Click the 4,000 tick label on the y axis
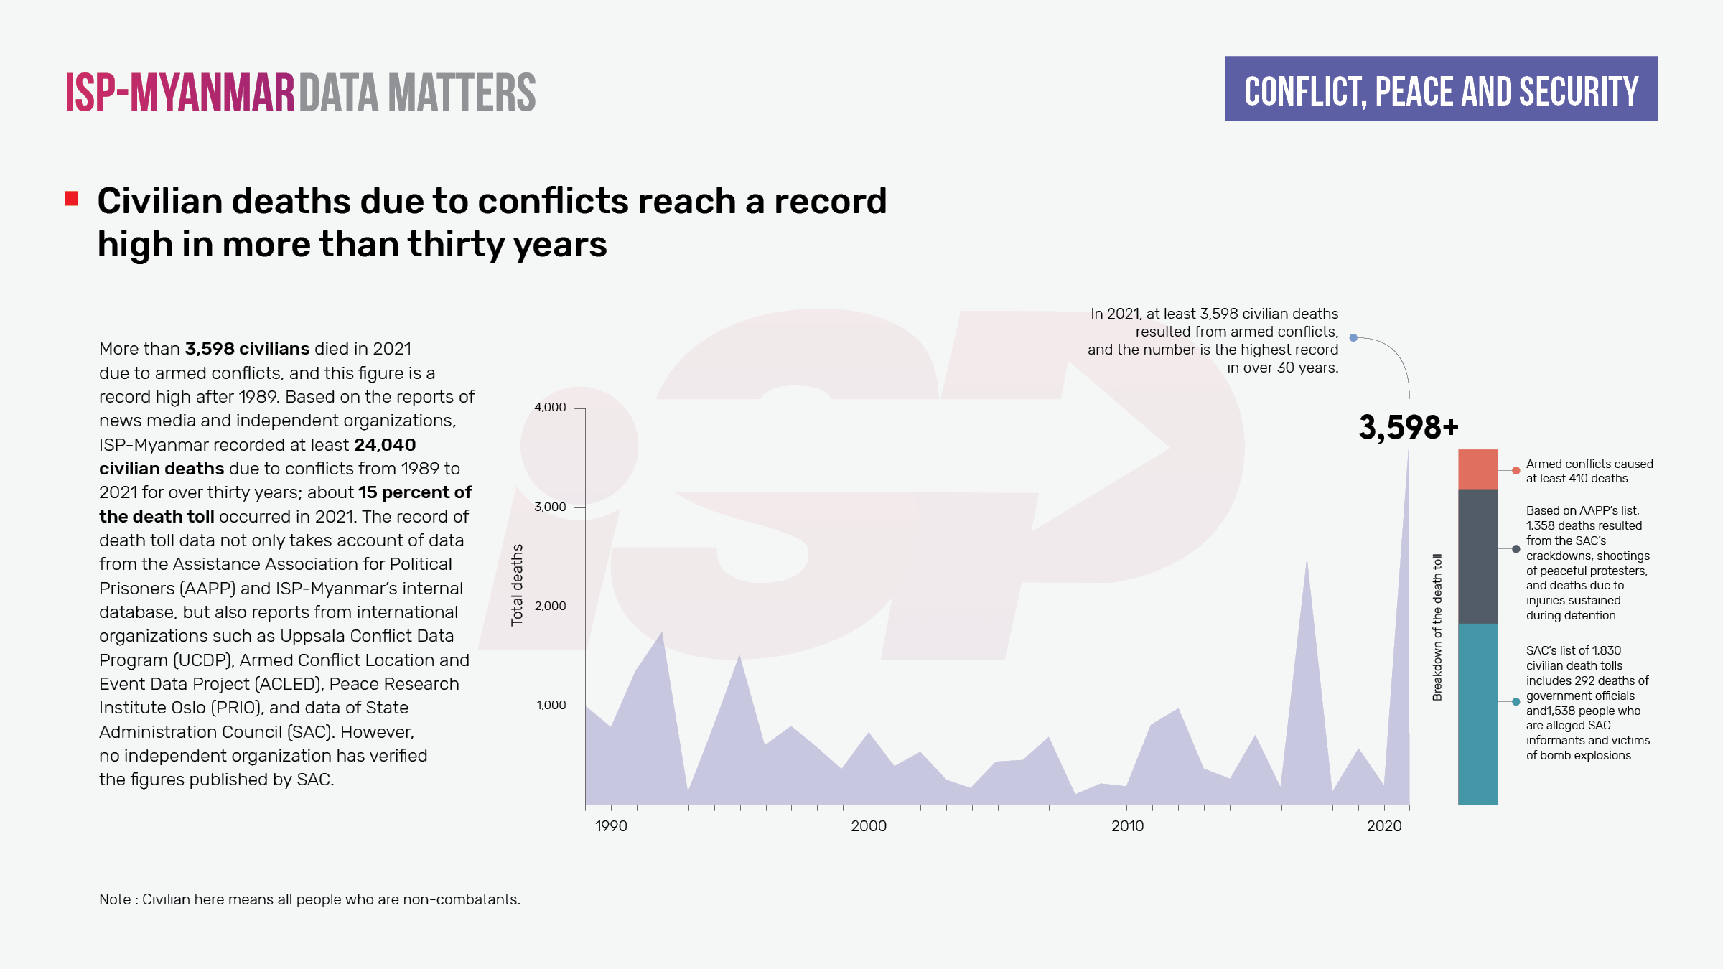pos(550,407)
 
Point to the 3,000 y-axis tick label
pos(550,507)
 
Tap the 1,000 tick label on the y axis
pos(551,705)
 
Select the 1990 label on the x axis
pos(611,825)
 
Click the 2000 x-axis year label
pos(869,825)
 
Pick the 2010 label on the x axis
pos(1127,825)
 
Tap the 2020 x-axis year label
pos(1383,825)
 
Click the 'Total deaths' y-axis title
pos(517,584)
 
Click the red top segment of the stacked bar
pos(1477,469)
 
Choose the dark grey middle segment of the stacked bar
pos(1477,556)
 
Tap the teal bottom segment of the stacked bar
pos(1477,714)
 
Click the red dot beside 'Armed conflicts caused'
pos(1516,471)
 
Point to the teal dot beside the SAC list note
pos(1516,702)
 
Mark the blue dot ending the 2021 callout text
pos(1353,337)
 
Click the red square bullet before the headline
pos(71,199)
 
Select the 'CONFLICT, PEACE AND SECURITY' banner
pos(1441,89)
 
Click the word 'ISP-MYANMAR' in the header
pos(179,93)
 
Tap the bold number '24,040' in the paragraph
pos(385,444)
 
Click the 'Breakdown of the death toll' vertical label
pos(1437,627)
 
